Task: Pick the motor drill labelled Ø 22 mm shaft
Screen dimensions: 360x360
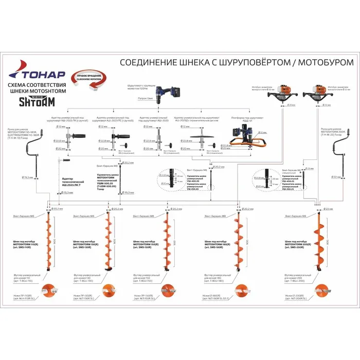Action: coord(317,95)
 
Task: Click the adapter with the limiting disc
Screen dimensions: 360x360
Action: coord(202,136)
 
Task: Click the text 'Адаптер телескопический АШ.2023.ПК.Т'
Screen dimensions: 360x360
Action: coord(64,181)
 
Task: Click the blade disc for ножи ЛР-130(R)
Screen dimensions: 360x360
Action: coord(109,291)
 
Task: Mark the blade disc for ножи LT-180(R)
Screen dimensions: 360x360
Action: coord(240,291)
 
